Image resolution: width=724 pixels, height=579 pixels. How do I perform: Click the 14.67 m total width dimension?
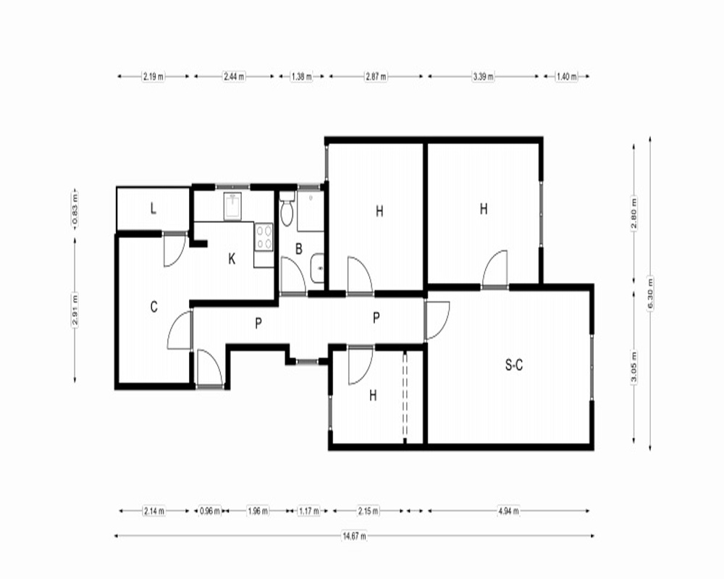(x=354, y=536)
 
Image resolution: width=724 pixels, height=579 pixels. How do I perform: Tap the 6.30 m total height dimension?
(x=650, y=294)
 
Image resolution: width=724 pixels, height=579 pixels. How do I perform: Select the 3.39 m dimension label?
(x=483, y=77)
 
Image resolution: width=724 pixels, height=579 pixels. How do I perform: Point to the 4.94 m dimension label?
(x=508, y=511)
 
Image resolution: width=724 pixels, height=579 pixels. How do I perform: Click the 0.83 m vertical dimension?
(x=75, y=208)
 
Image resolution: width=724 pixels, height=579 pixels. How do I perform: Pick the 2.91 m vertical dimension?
(x=75, y=310)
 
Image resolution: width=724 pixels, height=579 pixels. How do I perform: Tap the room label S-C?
(x=514, y=365)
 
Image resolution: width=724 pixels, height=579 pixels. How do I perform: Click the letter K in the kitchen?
(x=232, y=259)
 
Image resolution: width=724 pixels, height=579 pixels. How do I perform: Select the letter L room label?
(x=153, y=208)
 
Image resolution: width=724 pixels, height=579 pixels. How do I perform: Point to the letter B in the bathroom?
(x=299, y=249)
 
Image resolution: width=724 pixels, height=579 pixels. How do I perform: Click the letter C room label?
(x=153, y=307)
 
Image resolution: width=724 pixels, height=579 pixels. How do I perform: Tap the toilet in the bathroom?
(x=287, y=208)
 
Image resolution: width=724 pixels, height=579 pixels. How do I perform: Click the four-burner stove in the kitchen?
(x=264, y=237)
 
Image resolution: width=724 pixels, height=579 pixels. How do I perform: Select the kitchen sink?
(x=235, y=206)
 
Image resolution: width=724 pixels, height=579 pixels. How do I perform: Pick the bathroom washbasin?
(x=318, y=267)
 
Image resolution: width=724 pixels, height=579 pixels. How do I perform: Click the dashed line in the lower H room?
(x=405, y=394)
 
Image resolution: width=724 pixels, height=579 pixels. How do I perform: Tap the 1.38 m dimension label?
(x=301, y=77)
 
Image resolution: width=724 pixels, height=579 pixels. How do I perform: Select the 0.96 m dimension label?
(x=210, y=511)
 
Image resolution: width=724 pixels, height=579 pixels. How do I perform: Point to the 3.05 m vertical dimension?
(x=634, y=368)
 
